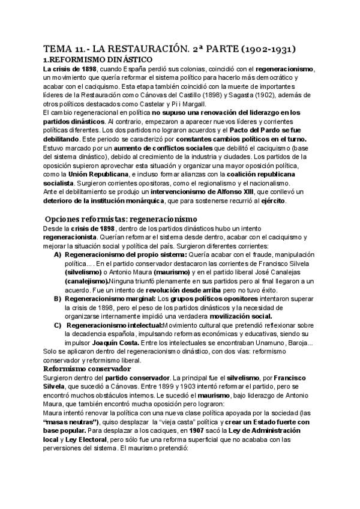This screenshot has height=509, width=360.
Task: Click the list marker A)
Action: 58,254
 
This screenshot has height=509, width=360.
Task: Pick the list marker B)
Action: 58,298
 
